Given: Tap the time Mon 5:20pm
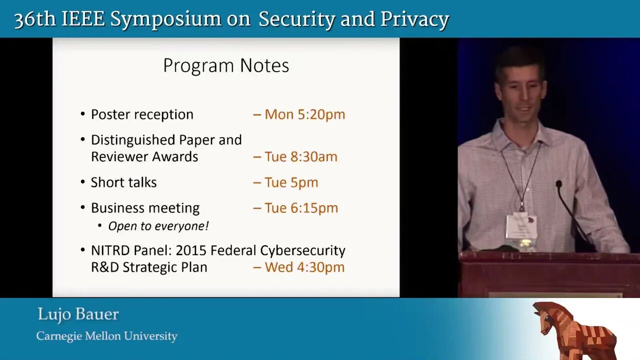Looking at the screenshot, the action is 305,114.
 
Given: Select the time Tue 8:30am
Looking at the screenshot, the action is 301,156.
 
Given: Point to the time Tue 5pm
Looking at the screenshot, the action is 291,182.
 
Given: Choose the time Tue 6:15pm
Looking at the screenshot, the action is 301,208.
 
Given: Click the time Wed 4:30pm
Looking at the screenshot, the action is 305,267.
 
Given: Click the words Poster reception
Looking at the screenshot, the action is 142,114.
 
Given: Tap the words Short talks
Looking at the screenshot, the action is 123,182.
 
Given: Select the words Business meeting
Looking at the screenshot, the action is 145,208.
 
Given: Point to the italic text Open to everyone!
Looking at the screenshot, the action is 158,226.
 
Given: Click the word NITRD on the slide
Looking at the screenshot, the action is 110,250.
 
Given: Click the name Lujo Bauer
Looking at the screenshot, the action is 78,314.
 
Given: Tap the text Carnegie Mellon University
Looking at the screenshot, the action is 107,336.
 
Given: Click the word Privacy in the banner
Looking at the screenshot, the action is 414,20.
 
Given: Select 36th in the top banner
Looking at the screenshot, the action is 35,19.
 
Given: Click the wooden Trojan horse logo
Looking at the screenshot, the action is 574,330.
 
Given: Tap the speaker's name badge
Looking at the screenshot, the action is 521,227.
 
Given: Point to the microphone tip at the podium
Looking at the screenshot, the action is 559,183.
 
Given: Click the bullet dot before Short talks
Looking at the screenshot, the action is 83,182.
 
